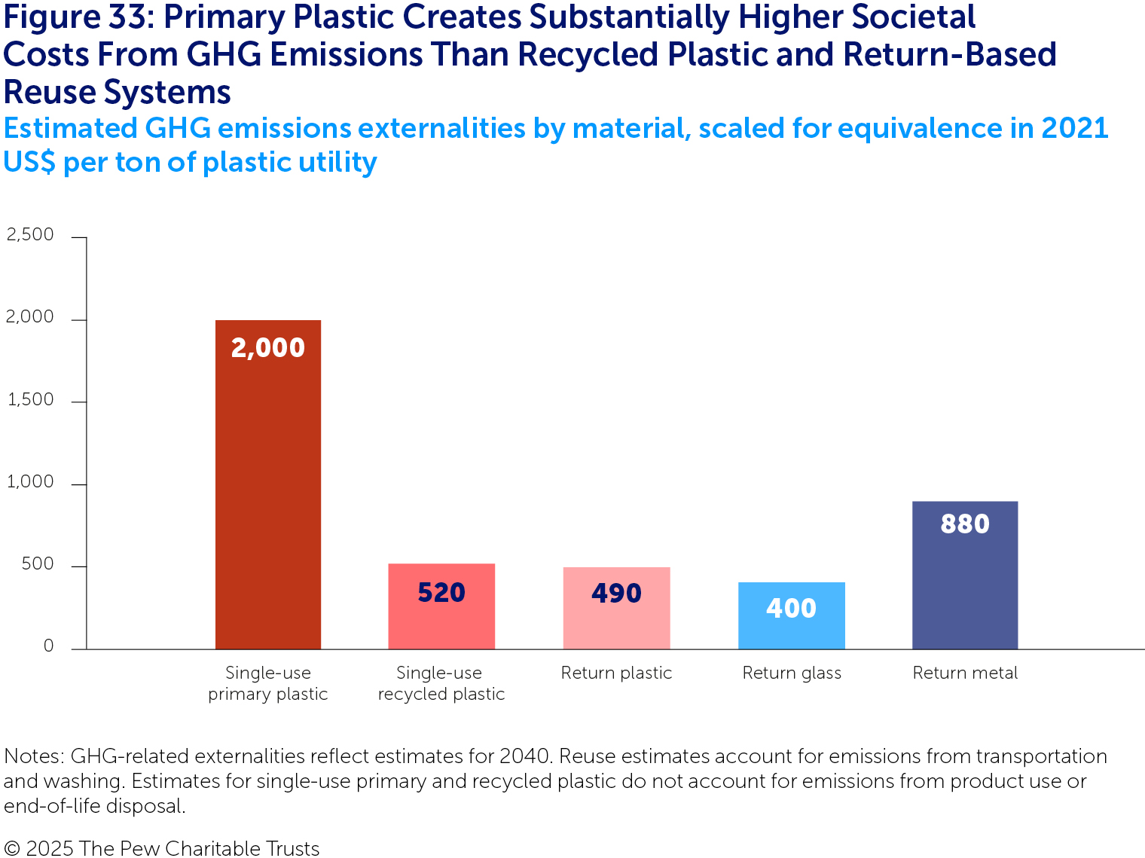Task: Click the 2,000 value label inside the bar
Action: [x=267, y=347]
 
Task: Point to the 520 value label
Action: [x=441, y=593]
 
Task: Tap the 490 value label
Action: [x=616, y=594]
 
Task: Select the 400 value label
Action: [x=791, y=608]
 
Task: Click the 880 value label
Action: [x=965, y=524]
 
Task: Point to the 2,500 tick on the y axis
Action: [x=30, y=235]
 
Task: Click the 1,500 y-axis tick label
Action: [x=30, y=400]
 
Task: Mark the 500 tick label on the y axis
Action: [x=38, y=564]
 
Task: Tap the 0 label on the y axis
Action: [x=48, y=646]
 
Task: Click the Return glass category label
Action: [x=792, y=673]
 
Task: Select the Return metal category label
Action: [x=965, y=673]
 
